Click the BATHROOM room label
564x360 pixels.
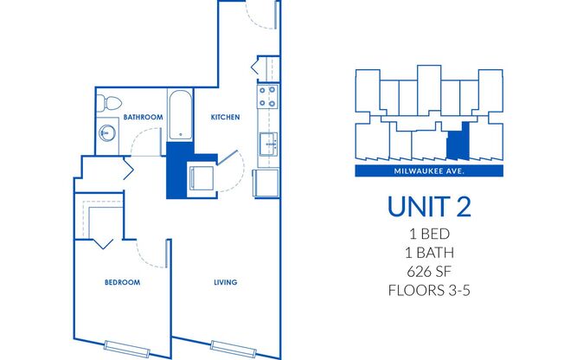(x=143, y=116)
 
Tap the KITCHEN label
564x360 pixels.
(x=224, y=116)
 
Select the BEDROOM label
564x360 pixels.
(x=122, y=282)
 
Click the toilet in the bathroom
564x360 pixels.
(x=107, y=102)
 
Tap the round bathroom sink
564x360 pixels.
(x=106, y=134)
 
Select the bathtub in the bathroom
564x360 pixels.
(x=180, y=115)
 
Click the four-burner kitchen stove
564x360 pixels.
(x=266, y=95)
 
